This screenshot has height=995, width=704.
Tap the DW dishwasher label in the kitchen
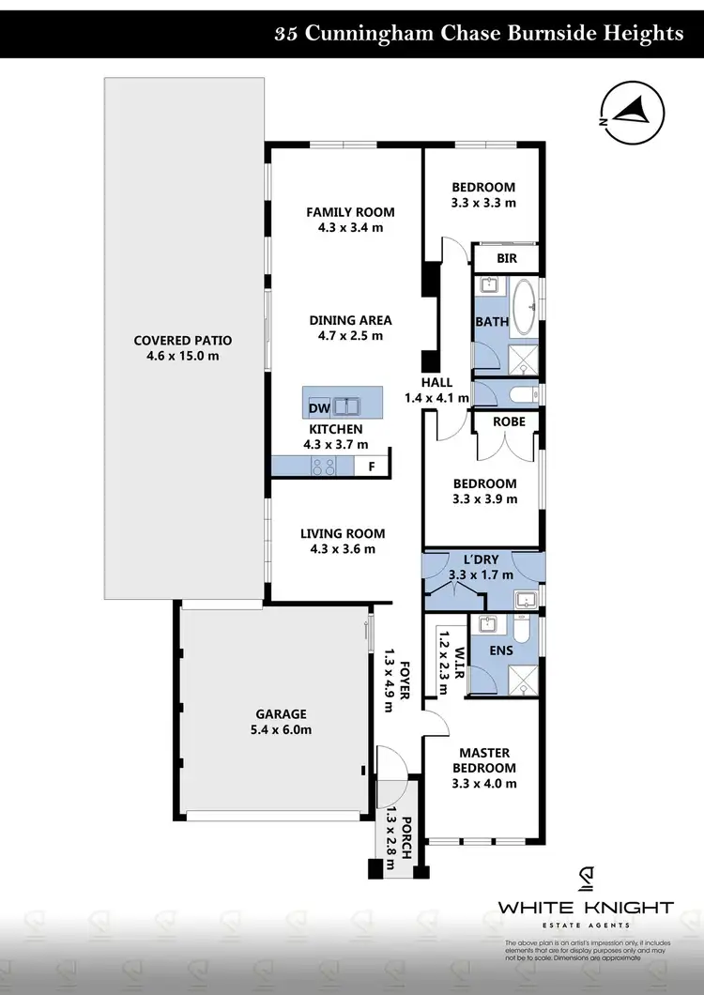tap(319, 407)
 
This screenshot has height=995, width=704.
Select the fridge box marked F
tap(372, 466)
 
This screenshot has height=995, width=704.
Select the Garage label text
tap(278, 713)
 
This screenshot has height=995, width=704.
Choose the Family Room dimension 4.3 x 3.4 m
tap(350, 227)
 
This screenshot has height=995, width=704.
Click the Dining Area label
tap(350, 320)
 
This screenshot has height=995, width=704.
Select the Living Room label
tap(343, 533)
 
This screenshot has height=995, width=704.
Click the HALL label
tap(436, 382)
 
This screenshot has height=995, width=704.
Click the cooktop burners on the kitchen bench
tap(324, 466)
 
